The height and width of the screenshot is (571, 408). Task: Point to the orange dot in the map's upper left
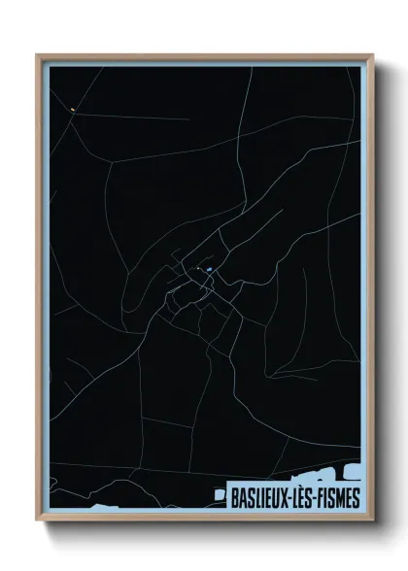coord(72,110)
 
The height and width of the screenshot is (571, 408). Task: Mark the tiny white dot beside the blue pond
coord(199,269)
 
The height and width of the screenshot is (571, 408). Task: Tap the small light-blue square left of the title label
coord(220,493)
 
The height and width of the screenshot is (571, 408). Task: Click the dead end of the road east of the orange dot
coord(188,119)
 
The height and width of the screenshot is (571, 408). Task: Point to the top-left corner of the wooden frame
coord(38,55)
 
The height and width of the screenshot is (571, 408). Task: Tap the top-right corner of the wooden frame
coord(372,55)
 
